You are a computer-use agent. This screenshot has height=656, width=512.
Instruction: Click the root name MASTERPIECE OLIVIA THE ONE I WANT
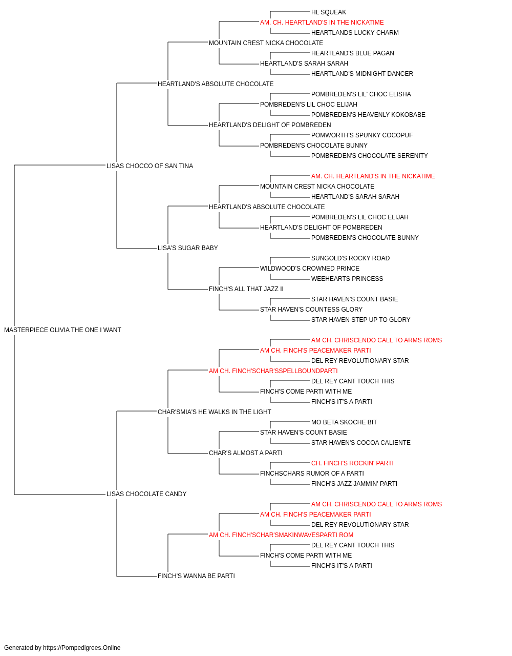point(62,330)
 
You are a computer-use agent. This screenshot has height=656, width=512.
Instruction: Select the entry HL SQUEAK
point(328,12)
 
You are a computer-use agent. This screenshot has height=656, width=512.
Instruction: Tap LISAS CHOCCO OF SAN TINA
point(150,166)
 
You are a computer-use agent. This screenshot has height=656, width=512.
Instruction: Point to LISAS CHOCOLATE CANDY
point(146,494)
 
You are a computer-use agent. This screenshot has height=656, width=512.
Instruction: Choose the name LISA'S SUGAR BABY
point(187,248)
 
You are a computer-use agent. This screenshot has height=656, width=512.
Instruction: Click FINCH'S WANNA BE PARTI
point(196,576)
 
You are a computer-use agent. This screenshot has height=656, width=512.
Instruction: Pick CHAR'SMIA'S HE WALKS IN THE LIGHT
point(215,412)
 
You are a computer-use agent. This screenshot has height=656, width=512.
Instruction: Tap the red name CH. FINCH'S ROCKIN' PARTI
point(352,463)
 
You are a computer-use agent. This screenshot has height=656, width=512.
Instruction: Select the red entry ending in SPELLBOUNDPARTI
point(273,371)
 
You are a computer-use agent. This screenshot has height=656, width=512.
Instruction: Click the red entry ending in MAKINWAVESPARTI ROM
point(281,535)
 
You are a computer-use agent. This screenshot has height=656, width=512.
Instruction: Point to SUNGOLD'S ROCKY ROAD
point(350,258)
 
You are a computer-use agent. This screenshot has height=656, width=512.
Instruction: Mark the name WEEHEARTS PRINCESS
point(347,279)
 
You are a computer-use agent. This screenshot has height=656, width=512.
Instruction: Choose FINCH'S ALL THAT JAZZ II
point(246,289)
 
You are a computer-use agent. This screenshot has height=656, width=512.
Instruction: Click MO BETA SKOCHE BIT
point(344,422)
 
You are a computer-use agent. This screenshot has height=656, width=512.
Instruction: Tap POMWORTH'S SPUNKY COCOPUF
point(362,135)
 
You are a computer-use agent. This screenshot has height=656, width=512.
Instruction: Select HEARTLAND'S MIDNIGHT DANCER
point(362,74)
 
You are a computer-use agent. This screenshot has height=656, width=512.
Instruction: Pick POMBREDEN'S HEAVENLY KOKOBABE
point(368,115)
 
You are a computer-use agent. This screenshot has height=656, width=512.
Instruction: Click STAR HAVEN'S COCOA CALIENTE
point(360,443)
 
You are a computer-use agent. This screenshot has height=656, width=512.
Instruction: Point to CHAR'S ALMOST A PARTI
point(245,453)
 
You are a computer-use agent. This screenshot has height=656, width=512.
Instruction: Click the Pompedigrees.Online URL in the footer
point(81,648)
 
